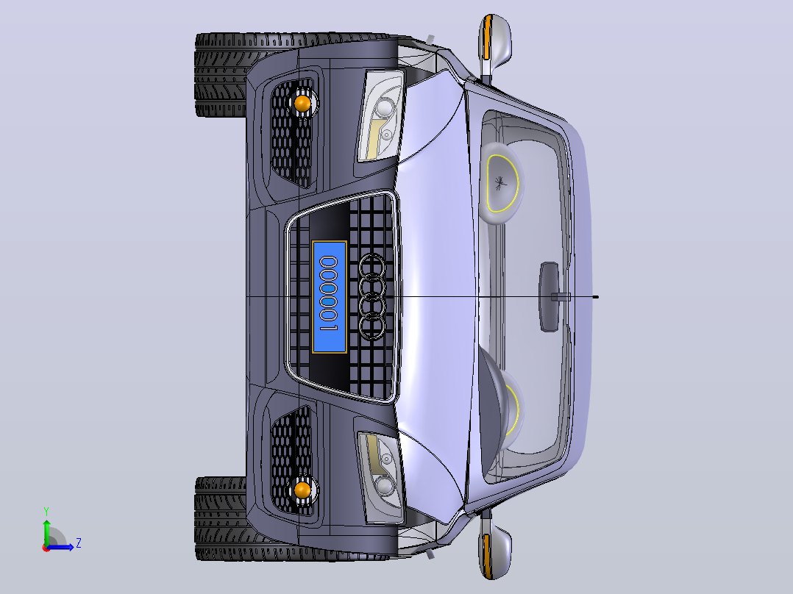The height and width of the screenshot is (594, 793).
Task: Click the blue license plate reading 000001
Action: [x=330, y=297]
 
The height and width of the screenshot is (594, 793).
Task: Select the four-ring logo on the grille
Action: [x=371, y=296]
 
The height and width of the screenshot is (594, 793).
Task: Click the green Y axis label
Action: [x=46, y=511]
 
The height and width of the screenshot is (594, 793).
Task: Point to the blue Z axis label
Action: [x=79, y=543]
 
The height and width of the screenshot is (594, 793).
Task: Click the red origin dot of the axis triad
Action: [x=46, y=548]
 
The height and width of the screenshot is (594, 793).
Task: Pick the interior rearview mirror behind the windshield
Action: [x=550, y=297]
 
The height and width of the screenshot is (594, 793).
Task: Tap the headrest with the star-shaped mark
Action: [x=500, y=183]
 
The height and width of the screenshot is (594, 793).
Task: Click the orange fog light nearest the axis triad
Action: [x=302, y=490]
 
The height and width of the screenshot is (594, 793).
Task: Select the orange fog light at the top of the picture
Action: [x=302, y=104]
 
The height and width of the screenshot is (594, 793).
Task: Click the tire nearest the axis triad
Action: [x=221, y=518]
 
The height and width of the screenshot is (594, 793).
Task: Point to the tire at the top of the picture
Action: [x=221, y=75]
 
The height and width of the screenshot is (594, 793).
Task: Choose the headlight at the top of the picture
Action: [x=381, y=115]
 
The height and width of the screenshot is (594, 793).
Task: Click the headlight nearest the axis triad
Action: [x=381, y=478]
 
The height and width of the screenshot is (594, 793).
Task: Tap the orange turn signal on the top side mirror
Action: [x=487, y=37]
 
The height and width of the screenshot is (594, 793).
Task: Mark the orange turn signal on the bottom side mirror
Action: [x=487, y=556]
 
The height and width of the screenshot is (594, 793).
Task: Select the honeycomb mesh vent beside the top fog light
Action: [x=292, y=134]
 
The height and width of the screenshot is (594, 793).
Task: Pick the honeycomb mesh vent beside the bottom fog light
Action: [x=292, y=460]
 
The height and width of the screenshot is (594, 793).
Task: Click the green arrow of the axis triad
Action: [x=46, y=532]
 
